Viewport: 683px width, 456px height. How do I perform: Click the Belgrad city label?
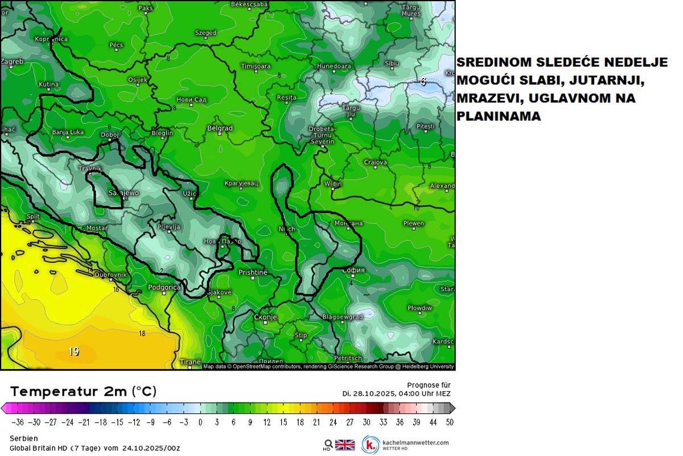click(220, 129)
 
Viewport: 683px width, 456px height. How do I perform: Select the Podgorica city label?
click(164, 287)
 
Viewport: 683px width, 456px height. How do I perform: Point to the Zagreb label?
click(12, 61)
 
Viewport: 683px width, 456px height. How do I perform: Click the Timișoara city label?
click(256, 67)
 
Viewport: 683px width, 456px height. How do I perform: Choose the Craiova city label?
click(376, 162)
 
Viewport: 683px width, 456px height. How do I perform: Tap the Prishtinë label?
click(252, 273)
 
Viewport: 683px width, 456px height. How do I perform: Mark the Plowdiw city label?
click(419, 308)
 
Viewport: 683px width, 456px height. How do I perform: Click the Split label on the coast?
click(33, 217)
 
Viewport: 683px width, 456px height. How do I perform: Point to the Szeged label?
click(205, 33)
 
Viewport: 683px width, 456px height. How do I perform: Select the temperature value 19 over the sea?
click(73, 352)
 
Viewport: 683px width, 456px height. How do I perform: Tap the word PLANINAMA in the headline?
click(499, 116)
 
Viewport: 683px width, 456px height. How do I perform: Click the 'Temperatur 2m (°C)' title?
click(83, 392)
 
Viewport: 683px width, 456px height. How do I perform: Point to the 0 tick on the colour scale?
click(200, 422)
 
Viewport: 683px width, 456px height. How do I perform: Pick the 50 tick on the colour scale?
click(450, 422)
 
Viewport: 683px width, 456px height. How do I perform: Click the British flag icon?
click(344, 445)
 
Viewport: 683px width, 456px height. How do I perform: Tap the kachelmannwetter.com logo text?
click(415, 442)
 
